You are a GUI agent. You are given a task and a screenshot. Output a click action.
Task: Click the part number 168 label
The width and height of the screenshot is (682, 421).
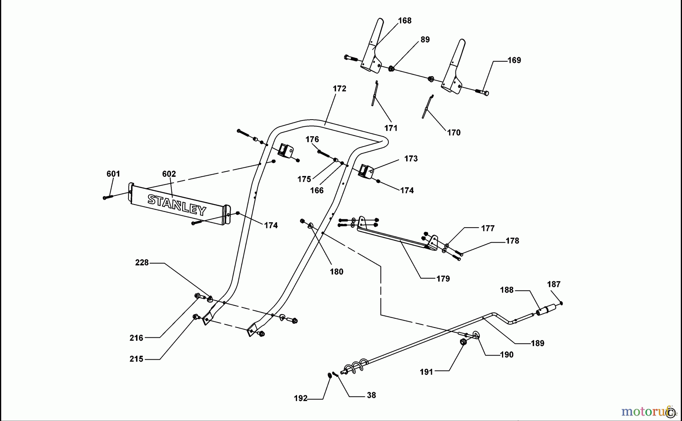point(405,21)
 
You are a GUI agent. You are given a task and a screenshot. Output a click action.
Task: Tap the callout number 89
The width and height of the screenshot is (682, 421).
point(425,40)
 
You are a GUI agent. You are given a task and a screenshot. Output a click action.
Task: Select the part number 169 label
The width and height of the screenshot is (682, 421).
point(514,60)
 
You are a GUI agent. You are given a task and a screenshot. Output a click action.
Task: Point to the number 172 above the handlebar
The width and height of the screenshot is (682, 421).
point(339,89)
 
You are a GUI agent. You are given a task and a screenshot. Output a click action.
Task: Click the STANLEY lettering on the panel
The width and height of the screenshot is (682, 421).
point(177,204)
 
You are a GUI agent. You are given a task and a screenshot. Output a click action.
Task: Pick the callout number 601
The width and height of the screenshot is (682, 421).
point(113,174)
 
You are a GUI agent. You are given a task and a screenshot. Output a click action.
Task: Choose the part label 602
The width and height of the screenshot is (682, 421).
point(169,174)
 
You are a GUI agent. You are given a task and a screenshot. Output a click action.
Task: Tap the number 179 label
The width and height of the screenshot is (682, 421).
point(443,279)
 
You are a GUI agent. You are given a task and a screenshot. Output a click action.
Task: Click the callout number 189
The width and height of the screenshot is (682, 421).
point(537,343)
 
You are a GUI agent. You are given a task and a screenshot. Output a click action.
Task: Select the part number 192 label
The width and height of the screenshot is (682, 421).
point(300,398)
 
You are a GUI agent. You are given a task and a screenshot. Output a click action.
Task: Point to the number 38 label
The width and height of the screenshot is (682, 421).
point(371,395)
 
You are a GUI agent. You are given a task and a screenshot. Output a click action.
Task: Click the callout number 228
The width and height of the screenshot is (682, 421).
point(142,263)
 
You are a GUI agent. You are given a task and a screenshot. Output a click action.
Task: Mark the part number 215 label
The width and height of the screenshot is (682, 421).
point(136,359)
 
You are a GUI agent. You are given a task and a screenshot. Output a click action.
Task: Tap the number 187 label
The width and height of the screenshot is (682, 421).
point(554,284)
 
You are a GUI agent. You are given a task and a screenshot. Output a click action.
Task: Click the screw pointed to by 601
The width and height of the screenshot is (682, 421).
point(108,197)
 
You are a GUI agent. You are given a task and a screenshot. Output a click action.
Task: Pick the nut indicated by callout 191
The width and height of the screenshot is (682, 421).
point(463,342)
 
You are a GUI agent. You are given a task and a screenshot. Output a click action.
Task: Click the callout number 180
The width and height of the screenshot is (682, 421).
point(336,272)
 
